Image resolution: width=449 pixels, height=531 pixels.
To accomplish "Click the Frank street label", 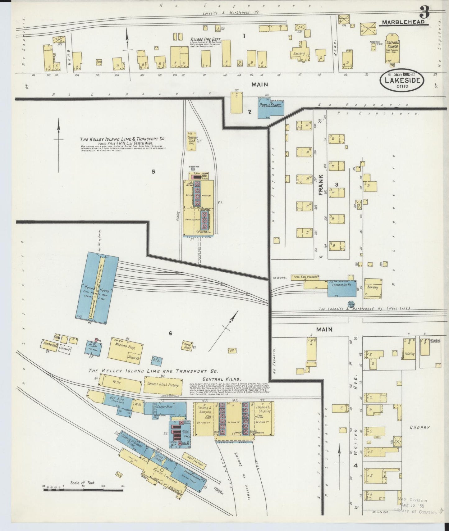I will point(321,185).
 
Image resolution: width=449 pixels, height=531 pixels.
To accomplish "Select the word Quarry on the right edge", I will point(419,427).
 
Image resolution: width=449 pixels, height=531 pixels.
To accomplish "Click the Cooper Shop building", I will point(164,407).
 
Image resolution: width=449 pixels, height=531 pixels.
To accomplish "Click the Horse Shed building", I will point(187,346).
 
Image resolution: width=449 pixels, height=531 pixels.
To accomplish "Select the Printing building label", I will point(409,354).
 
